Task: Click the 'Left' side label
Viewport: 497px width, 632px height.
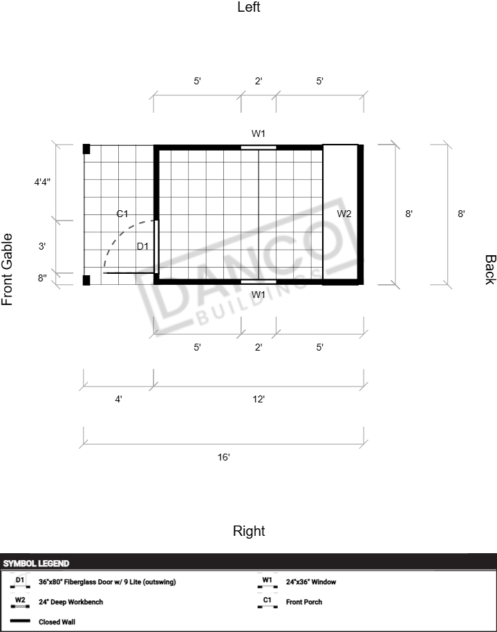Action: tap(249, 7)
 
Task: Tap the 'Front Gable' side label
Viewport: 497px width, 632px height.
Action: tap(7, 269)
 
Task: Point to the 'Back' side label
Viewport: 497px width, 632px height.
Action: tap(490, 270)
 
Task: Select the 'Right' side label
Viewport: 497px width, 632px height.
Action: tap(249, 531)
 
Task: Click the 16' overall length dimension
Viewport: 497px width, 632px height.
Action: tap(224, 457)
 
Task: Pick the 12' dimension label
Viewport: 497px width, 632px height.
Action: tap(259, 399)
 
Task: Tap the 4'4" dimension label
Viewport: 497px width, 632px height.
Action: tap(42, 182)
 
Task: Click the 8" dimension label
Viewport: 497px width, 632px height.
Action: tap(42, 278)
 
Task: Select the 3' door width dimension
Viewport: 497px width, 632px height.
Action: tap(42, 246)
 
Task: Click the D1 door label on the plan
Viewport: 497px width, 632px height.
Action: tap(142, 246)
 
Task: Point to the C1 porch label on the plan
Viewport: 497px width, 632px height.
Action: tap(122, 214)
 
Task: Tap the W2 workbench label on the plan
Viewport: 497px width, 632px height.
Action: tap(344, 214)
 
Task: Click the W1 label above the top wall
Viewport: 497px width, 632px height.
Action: tap(259, 133)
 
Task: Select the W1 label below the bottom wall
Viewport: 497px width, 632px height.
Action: tap(259, 295)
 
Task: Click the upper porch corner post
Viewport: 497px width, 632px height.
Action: tap(86, 149)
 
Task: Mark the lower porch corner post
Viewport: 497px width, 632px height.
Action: tap(86, 280)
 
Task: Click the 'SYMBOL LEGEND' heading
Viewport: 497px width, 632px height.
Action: tap(36, 564)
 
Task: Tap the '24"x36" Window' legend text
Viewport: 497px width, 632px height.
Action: tap(311, 582)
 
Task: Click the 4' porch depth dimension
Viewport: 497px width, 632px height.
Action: tap(118, 399)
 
